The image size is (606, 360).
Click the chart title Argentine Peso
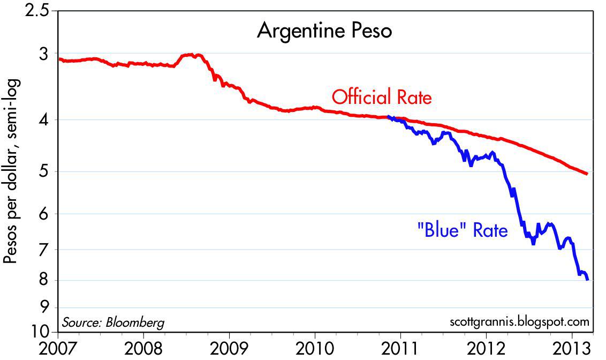(324, 31)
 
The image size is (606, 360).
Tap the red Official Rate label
(381, 97)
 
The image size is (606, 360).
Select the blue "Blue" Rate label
(461, 231)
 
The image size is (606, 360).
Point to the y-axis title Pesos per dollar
(12, 171)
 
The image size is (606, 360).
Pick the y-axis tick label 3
(44, 54)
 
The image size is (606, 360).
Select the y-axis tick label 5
(44, 172)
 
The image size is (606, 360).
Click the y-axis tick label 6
(44, 214)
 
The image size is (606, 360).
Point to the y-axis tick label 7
(44, 250)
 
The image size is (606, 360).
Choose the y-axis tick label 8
(44, 280)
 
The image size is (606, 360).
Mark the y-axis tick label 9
(44, 307)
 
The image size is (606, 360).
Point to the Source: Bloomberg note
(113, 322)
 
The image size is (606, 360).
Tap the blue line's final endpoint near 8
(588, 279)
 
